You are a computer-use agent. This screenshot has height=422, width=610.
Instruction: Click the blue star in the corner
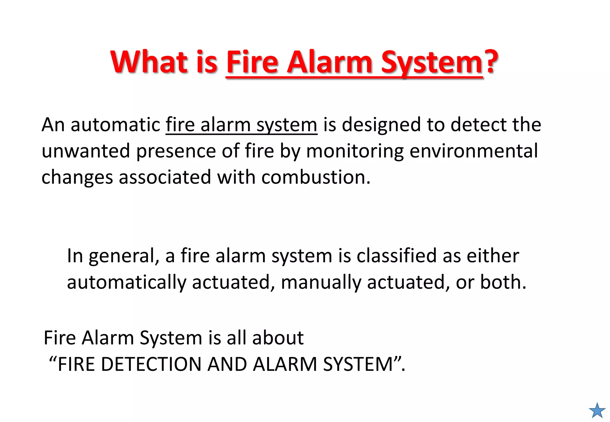(x=597, y=411)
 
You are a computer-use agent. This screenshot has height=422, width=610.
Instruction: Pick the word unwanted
(x=86, y=151)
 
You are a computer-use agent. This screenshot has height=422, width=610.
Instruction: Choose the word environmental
(x=474, y=151)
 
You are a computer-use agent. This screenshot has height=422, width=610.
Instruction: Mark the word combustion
(x=316, y=177)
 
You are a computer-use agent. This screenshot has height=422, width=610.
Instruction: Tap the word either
(x=493, y=256)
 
